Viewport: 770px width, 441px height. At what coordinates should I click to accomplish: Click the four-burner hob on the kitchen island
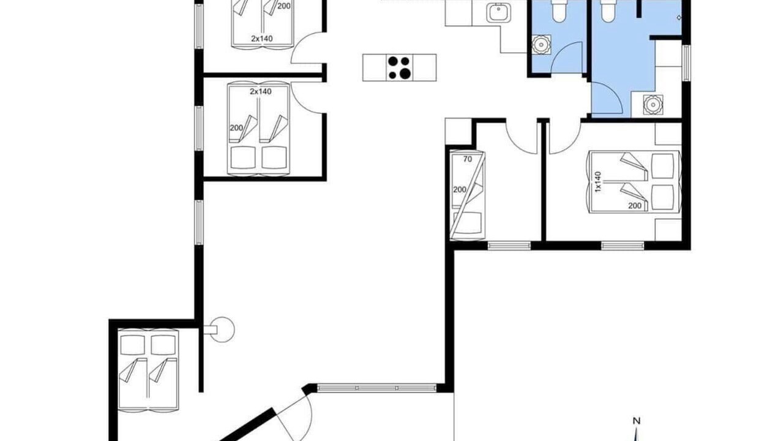pyautogui.click(x=400, y=68)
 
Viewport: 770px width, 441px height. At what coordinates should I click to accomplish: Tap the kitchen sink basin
pyautogui.click(x=498, y=13)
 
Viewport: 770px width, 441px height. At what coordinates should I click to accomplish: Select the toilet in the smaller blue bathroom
pyautogui.click(x=559, y=11)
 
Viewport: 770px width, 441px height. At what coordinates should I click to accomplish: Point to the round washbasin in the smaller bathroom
pyautogui.click(x=542, y=44)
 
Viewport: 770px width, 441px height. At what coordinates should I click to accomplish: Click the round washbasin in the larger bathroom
pyautogui.click(x=652, y=105)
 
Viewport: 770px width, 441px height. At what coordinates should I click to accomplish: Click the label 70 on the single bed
pyautogui.click(x=468, y=159)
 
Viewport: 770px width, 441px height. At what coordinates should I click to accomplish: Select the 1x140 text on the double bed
pyautogui.click(x=598, y=182)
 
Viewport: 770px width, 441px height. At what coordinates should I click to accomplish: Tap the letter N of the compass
pyautogui.click(x=637, y=421)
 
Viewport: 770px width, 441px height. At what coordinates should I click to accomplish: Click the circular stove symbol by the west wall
pyautogui.click(x=222, y=330)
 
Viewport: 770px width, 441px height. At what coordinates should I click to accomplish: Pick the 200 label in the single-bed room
pyautogui.click(x=460, y=189)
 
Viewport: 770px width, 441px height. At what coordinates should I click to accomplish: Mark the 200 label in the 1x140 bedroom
pyautogui.click(x=635, y=206)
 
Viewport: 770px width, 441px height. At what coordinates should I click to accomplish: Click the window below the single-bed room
pyautogui.click(x=509, y=246)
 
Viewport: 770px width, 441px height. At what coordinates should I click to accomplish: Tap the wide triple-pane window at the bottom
pyautogui.click(x=377, y=388)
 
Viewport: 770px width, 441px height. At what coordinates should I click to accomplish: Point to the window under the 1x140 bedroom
pyautogui.click(x=622, y=246)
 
